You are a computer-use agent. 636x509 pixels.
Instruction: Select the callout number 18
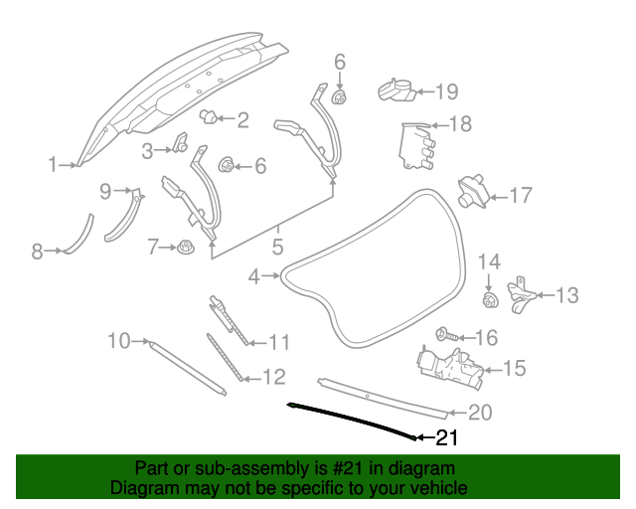460,124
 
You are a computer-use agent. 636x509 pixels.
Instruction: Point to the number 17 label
521,196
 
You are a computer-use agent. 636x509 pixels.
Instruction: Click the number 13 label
565,295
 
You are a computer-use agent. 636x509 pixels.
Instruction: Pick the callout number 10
119,341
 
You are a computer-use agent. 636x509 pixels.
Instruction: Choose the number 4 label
254,276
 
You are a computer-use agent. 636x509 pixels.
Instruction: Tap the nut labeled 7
185,247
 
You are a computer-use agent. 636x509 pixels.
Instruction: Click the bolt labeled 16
446,337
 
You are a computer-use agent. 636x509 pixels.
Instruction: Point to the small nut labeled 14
489,299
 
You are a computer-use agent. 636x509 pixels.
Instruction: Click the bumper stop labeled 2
210,117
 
